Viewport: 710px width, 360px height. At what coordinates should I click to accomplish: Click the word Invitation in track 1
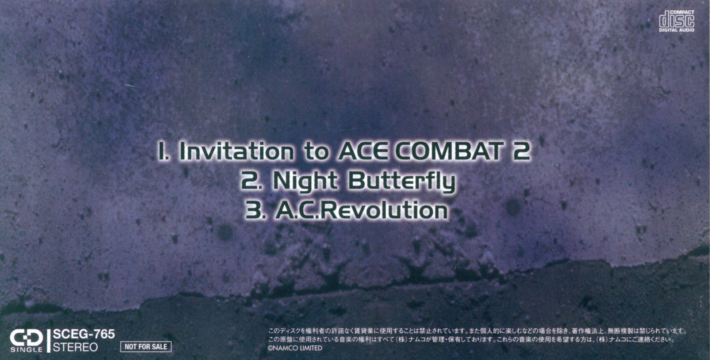[x=237, y=151]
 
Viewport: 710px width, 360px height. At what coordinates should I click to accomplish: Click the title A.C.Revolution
[x=361, y=211]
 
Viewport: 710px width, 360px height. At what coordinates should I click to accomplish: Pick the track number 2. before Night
[x=252, y=181]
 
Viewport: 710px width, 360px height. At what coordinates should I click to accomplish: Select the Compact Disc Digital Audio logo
[x=676, y=21]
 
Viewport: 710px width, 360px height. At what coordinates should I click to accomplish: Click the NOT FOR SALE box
[x=146, y=346]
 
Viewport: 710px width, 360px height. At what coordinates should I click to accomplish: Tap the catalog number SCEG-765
[x=84, y=334]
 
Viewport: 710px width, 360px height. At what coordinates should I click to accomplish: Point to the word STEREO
[x=75, y=347]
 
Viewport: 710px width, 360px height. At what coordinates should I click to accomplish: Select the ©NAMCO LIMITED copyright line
[x=295, y=348]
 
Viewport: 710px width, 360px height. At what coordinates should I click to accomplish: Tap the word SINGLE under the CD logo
[x=26, y=350]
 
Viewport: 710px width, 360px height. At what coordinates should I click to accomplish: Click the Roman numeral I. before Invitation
[x=163, y=151]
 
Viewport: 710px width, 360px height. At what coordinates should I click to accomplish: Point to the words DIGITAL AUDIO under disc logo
[x=676, y=30]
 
